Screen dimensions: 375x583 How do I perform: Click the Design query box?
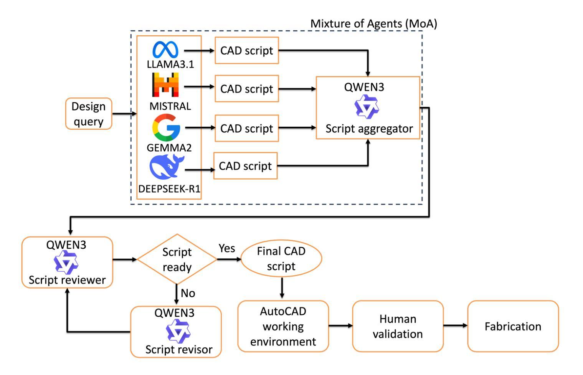[x=89, y=114]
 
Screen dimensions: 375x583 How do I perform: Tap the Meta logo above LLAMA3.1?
[x=165, y=50]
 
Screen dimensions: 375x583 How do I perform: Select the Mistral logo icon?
[x=165, y=84]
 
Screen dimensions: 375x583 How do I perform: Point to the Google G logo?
[x=166, y=127]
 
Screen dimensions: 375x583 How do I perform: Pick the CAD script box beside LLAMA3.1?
[x=246, y=50]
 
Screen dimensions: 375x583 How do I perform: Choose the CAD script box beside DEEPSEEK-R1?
[x=245, y=166]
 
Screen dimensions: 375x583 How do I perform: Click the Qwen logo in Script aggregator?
[x=367, y=107]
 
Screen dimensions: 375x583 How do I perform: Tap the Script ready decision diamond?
[x=177, y=259]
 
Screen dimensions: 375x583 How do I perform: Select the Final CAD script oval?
[x=281, y=259]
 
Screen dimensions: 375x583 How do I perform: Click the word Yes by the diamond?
[x=227, y=248]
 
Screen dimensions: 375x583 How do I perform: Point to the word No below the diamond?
[x=188, y=293]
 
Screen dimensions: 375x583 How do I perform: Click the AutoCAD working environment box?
[x=283, y=326]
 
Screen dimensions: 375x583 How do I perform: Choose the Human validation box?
[x=398, y=326]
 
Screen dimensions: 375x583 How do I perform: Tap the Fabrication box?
[x=513, y=326]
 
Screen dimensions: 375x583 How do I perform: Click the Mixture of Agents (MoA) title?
[x=373, y=24]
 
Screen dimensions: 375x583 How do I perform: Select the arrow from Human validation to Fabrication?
[x=455, y=326]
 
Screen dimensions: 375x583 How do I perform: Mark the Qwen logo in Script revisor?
[x=178, y=331]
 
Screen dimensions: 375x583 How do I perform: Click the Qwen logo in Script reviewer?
[x=66, y=263]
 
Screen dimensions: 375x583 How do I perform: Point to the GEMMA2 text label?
[x=169, y=147]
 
